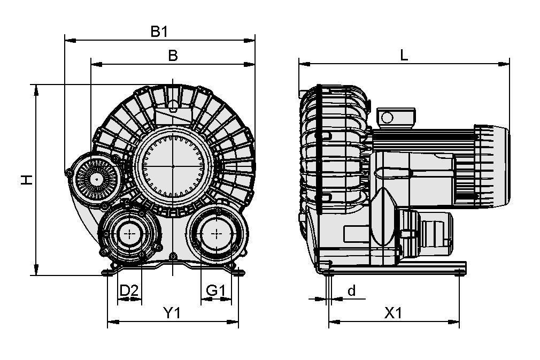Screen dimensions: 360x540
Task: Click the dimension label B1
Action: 159,32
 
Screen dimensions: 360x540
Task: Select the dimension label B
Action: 173,56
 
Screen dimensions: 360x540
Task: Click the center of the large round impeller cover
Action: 173,166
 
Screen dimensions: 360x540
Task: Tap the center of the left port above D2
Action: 129,233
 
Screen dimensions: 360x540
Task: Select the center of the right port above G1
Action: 217,233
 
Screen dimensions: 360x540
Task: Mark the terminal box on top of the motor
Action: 396,117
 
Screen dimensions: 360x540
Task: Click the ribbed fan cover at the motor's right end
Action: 490,165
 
